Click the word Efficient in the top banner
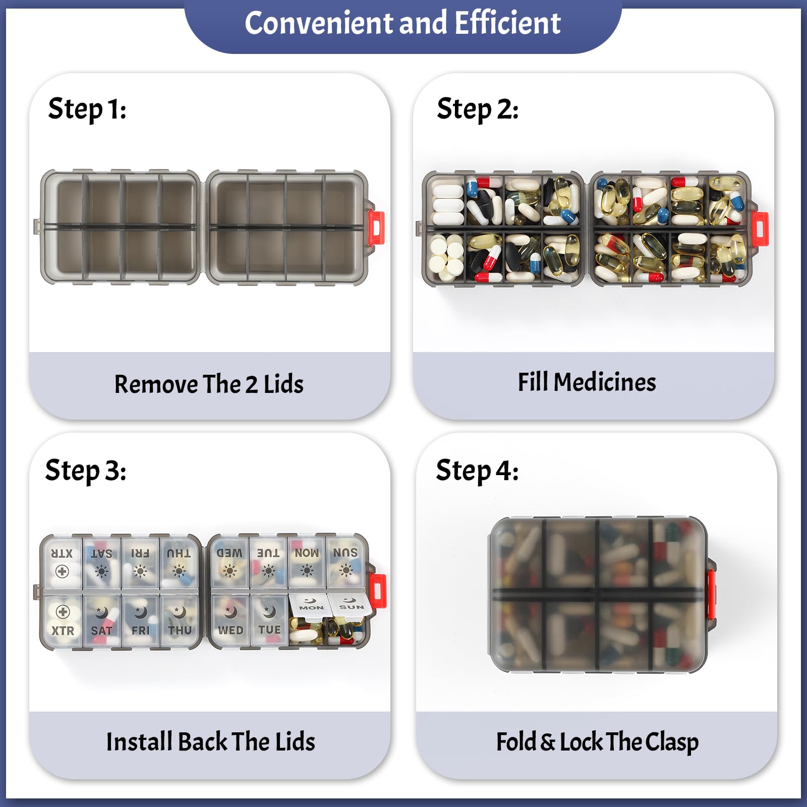(x=507, y=23)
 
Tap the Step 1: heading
(x=87, y=109)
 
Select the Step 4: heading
(x=477, y=471)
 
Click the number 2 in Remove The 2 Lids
(x=251, y=384)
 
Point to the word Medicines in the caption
(x=605, y=382)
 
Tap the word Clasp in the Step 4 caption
(x=672, y=742)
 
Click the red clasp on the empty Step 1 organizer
(x=376, y=228)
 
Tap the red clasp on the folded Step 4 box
(x=711, y=594)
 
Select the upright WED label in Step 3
(x=230, y=630)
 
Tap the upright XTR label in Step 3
(x=63, y=630)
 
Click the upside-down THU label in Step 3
(x=179, y=553)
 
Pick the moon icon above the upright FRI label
(x=140, y=612)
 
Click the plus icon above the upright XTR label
(x=63, y=612)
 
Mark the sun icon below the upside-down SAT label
(x=101, y=571)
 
